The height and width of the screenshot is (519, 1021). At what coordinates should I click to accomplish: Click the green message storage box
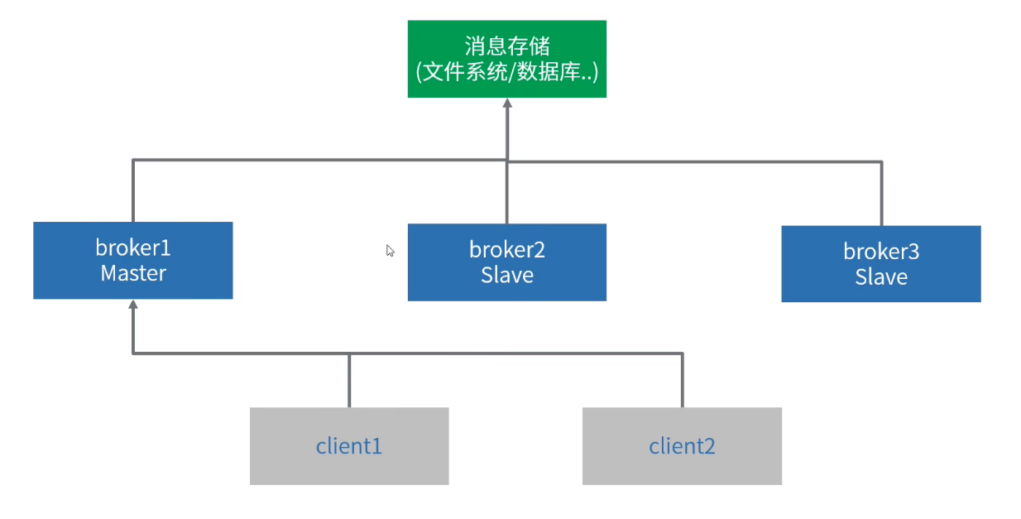(506, 59)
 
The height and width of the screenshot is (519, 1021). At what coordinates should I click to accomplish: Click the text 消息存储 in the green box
(506, 46)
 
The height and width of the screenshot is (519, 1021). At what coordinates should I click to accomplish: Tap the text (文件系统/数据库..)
(506, 72)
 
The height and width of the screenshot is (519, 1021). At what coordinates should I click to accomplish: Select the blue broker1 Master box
(132, 260)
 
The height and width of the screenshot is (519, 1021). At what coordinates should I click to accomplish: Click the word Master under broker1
(132, 273)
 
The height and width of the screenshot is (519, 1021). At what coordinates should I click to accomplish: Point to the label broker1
(132, 247)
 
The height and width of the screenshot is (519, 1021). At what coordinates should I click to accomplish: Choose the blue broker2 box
(506, 262)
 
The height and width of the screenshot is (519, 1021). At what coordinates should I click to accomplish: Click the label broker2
(506, 249)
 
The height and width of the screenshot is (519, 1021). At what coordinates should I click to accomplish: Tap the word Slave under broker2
(506, 275)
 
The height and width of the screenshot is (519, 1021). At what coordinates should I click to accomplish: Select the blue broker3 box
(880, 263)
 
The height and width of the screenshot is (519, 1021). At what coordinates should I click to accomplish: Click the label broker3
(880, 251)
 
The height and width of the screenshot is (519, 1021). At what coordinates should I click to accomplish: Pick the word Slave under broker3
(880, 276)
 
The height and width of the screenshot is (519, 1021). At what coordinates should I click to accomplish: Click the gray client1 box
(348, 445)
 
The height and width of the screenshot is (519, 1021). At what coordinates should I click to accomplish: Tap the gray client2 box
(681, 445)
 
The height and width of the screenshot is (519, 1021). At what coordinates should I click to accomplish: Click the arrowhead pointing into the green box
(507, 104)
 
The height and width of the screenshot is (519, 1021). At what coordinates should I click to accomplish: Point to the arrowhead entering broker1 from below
(132, 305)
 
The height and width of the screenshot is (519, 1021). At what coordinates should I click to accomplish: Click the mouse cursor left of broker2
(390, 251)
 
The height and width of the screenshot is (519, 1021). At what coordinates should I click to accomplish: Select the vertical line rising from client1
(348, 381)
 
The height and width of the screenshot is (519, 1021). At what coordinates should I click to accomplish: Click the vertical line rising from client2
(682, 381)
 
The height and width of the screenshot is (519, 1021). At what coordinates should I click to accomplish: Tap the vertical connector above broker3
(881, 194)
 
